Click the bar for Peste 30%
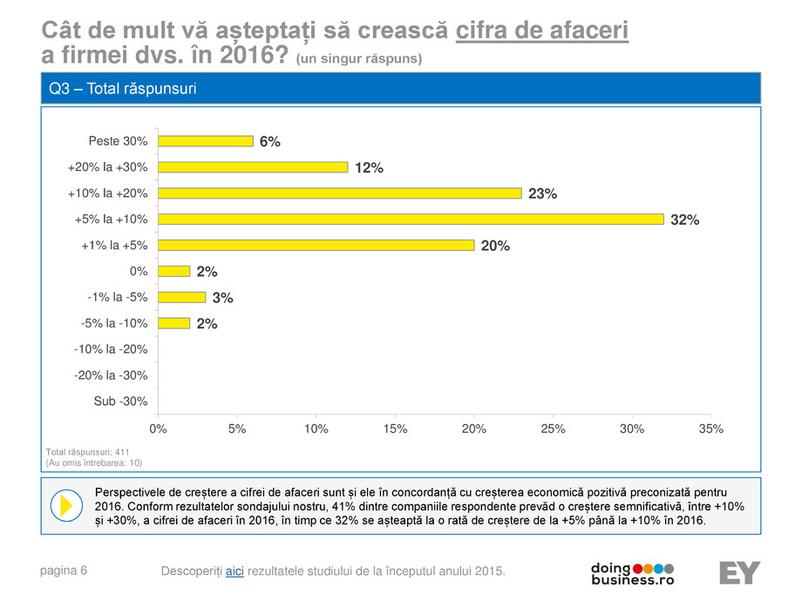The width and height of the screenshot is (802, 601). click(205, 141)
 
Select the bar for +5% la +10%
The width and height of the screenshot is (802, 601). click(411, 219)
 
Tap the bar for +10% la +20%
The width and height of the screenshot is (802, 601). click(339, 193)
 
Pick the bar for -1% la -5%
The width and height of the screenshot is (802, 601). click(181, 297)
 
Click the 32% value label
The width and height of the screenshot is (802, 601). click(684, 220)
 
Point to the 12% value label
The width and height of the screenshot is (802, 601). click(369, 168)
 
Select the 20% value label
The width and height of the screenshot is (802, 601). click(495, 246)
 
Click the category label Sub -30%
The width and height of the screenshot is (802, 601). click(120, 402)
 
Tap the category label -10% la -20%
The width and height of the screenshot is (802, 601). click(111, 349)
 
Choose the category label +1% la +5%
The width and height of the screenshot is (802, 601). click(114, 246)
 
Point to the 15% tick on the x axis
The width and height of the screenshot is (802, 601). click(395, 429)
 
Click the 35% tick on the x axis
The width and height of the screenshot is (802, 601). click(710, 429)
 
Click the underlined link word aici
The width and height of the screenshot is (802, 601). click(234, 571)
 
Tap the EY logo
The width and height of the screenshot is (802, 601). click(739, 573)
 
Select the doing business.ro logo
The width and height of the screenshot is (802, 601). click(632, 572)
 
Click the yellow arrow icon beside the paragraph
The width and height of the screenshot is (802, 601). click(63, 505)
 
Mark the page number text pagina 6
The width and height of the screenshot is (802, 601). click(64, 571)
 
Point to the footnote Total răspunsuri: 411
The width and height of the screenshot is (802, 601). click(86, 453)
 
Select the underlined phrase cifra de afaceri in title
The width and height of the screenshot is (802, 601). click(542, 32)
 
